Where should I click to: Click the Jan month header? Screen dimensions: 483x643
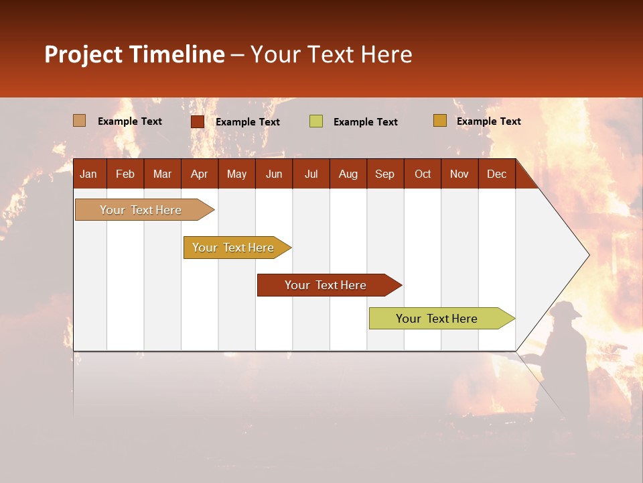88,174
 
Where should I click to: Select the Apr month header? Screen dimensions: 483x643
199,174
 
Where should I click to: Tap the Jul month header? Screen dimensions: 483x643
311,174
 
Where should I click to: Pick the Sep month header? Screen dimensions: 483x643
384,174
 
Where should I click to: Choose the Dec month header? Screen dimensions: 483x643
496,174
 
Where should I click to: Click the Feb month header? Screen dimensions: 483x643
125,174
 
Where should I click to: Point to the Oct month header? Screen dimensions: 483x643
423,174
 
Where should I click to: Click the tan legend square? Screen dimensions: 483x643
80,121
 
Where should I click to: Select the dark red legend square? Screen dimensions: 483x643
198,121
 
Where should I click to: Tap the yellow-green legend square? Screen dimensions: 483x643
316,121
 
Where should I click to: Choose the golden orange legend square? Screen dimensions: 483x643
439,121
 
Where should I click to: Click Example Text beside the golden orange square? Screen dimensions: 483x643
488,121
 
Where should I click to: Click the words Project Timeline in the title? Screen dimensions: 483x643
134,54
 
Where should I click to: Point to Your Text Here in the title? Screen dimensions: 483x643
331,54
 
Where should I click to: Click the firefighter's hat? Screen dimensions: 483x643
566,309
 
